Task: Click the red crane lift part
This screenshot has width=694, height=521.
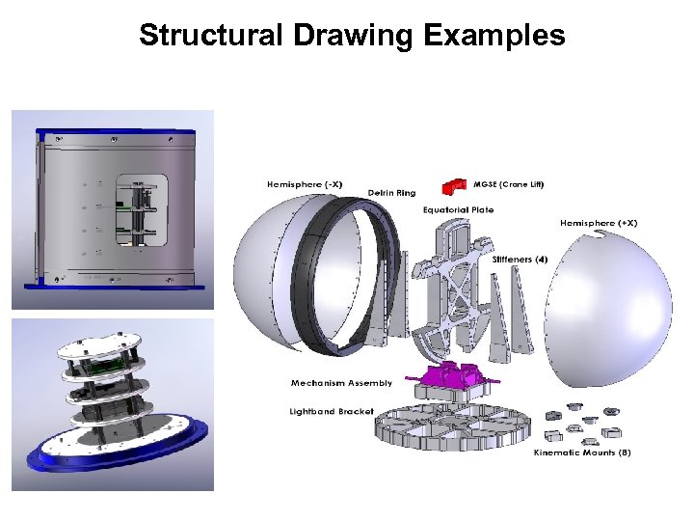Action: pyautogui.click(x=452, y=186)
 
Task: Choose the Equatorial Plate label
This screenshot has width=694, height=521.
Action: pyautogui.click(x=458, y=209)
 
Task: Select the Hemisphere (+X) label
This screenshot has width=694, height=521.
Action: pyautogui.click(x=599, y=223)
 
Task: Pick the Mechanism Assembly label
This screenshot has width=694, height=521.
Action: pyautogui.click(x=341, y=383)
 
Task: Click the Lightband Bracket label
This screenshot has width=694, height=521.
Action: pyautogui.click(x=332, y=411)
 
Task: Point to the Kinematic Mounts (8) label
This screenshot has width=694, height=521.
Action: pyautogui.click(x=582, y=452)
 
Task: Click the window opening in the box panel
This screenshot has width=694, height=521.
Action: pyautogui.click(x=141, y=209)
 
